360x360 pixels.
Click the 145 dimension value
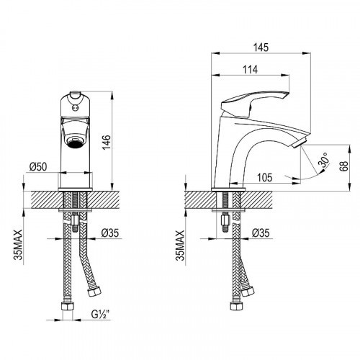tap(261, 48)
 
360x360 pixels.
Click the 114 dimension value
tap(250, 70)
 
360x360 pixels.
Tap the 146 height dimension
tap(107, 142)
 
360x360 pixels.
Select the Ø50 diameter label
tap(38, 166)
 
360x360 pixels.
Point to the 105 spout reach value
tap(265, 178)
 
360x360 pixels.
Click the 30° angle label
tap(324, 159)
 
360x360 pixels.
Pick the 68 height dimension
tap(343, 166)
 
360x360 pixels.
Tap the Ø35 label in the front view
tap(109, 233)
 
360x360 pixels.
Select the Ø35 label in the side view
tap(261, 233)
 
